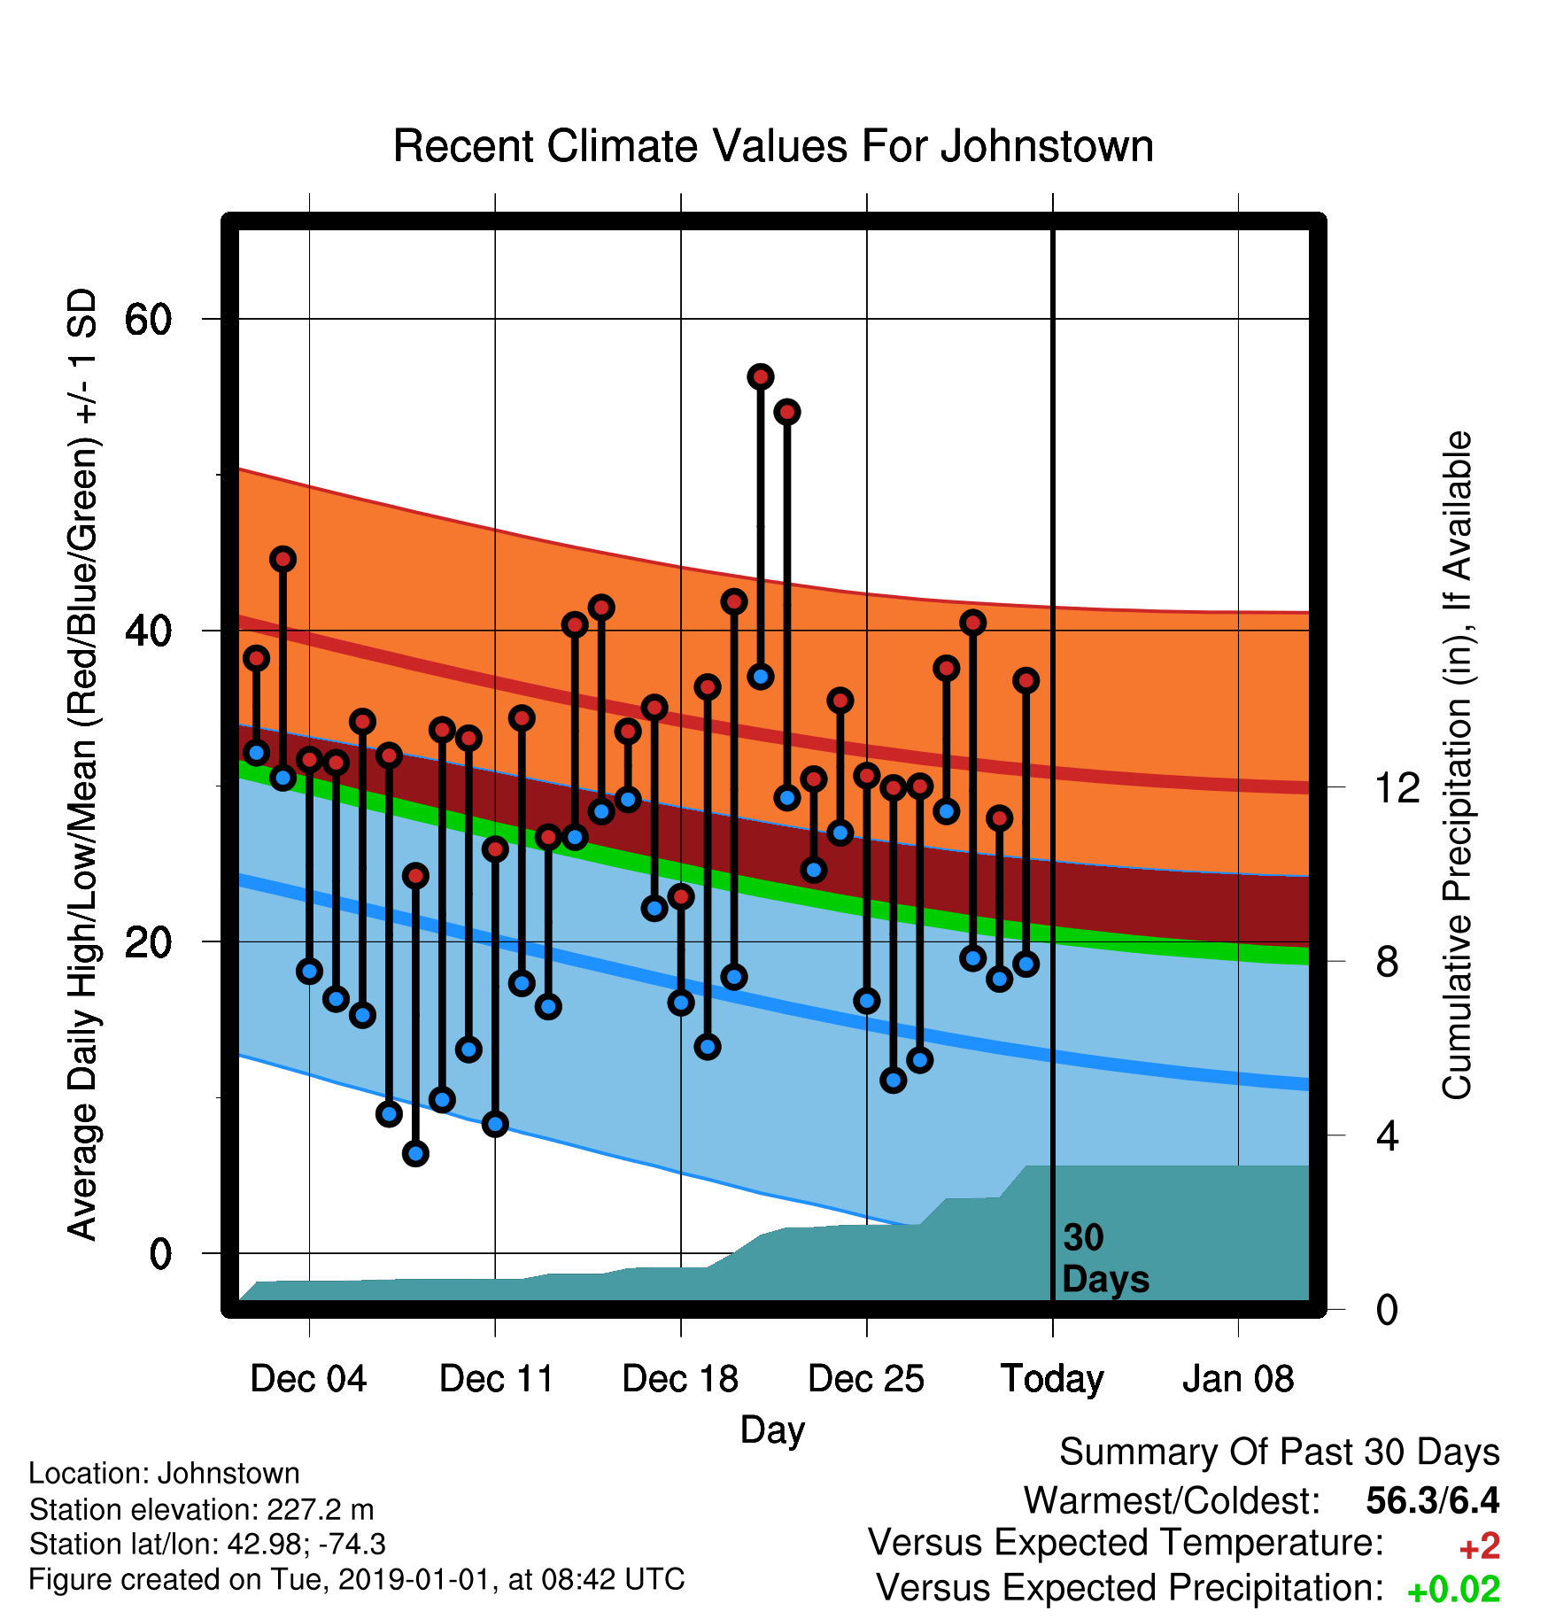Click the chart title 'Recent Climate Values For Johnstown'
(773, 146)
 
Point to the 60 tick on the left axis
(148, 319)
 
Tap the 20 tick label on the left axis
(148, 942)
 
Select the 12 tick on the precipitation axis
(1398, 787)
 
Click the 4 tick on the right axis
(1387, 1135)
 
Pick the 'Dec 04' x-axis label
(308, 1379)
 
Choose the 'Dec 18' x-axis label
(680, 1379)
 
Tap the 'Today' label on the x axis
(1052, 1380)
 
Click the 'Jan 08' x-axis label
(1238, 1379)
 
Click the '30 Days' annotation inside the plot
(1105, 1259)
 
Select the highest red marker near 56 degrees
(761, 376)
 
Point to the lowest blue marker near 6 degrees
(415, 1153)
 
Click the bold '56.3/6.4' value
(1433, 1500)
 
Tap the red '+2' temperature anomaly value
(1480, 1546)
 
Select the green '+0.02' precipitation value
(1453, 1590)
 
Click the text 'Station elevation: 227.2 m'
(201, 1508)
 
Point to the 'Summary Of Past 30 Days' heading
(1280, 1452)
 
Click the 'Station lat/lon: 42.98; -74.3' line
(207, 1544)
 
